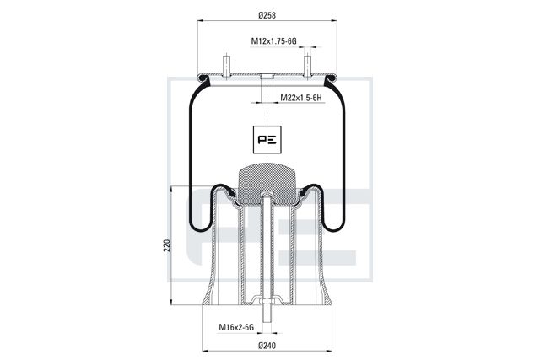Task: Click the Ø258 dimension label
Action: point(267,15)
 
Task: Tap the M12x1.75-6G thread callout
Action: point(273,41)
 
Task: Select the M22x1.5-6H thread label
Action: point(301,98)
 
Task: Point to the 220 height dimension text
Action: point(167,245)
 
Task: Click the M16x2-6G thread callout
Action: point(236,327)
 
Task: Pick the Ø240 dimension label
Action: point(267,346)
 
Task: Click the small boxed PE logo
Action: point(267,139)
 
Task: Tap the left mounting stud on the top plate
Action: point(226,66)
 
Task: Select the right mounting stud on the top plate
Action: point(307,66)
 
